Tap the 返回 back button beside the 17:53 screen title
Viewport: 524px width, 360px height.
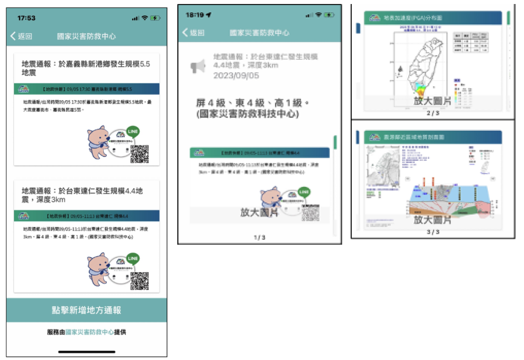point(22,36)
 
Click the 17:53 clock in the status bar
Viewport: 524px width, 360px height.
point(26,18)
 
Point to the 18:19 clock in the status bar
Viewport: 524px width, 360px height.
point(197,15)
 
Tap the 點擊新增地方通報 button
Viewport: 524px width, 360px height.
point(87,310)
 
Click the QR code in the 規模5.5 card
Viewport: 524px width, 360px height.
point(140,154)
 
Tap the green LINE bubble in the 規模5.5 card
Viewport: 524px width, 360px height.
point(133,131)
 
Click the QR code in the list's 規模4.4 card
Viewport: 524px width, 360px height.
point(140,281)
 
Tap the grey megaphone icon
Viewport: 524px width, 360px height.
point(198,66)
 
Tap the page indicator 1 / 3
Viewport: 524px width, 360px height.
point(259,237)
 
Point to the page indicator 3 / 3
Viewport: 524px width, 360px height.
point(433,232)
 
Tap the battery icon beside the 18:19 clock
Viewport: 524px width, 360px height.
point(329,15)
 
